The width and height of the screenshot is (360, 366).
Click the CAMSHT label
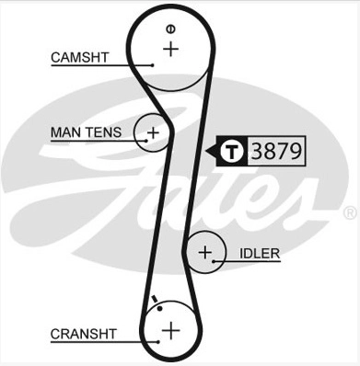(80, 57)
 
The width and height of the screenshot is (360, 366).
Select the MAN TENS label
(85, 132)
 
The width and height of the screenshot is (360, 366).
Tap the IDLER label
(260, 252)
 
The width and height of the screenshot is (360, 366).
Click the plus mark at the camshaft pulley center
(170, 49)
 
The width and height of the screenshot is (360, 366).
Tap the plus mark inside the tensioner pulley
(153, 133)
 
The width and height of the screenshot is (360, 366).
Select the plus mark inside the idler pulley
(205, 251)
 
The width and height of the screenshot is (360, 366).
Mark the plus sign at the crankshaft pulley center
(170, 328)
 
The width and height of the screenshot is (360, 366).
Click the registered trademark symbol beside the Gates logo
(349, 212)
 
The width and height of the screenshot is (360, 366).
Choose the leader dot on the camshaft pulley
(151, 64)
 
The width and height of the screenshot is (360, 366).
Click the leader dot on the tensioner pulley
(145, 141)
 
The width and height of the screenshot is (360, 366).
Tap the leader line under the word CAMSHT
(101, 64)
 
